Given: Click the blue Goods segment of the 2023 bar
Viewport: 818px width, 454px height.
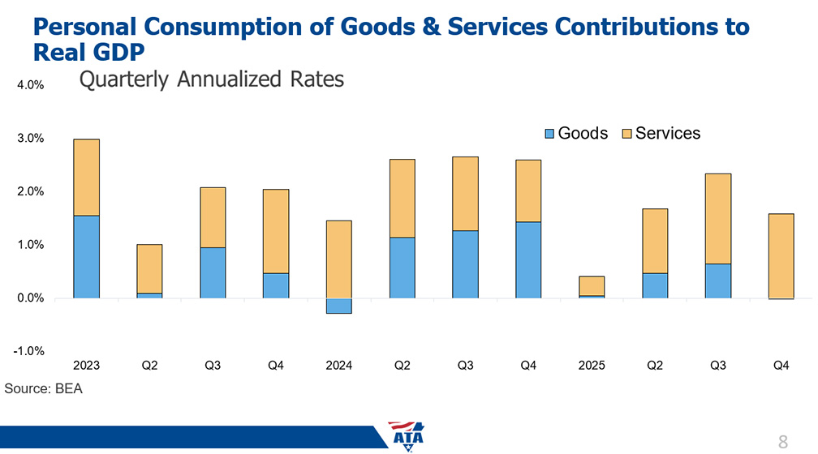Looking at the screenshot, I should point(86,257).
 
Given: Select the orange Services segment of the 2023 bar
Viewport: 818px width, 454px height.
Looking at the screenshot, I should point(86,178).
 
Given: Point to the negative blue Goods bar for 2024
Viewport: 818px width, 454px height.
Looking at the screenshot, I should point(338,306).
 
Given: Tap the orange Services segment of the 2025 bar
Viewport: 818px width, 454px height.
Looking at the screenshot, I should point(591,286).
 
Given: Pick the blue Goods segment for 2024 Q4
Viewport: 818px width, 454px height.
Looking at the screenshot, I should point(528,260).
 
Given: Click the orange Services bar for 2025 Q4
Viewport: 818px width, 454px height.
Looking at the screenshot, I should point(781,256).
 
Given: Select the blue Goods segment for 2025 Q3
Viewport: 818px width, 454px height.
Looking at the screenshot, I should point(717,281).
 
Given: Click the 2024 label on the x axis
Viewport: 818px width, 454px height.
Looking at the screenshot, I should point(338,366).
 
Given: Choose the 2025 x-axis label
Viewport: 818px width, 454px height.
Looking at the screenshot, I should point(591,366).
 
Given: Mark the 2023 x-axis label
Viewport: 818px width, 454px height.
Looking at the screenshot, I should point(86,366).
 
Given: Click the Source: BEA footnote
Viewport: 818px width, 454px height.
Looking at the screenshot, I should point(44,389).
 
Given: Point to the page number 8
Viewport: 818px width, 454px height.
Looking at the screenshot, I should point(782,442).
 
